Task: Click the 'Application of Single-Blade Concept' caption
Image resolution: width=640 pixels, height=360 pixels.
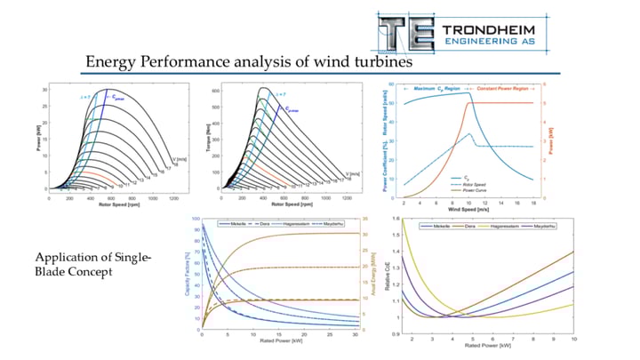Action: pos(94,266)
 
